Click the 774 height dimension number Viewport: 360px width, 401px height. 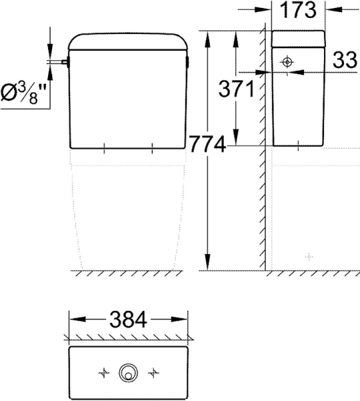(207, 144)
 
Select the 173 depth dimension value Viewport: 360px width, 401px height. (298, 11)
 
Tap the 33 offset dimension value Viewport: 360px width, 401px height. (344, 61)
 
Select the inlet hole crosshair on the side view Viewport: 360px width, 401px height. (287, 62)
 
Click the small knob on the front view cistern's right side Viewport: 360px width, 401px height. (190, 64)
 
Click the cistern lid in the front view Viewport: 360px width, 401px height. (127, 42)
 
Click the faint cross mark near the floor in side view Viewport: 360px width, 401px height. (309, 256)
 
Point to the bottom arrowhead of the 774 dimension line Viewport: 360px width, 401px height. (208, 263)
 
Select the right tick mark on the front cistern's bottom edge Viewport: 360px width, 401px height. (153, 146)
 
